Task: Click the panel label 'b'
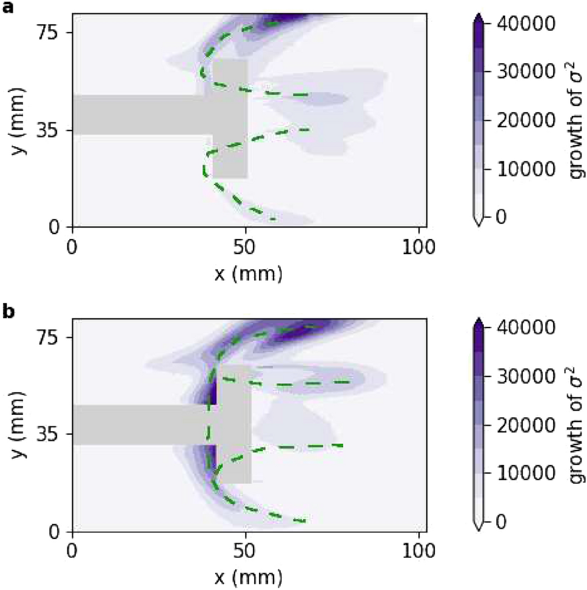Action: (x=7, y=312)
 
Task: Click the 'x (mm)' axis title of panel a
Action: (x=248, y=273)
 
